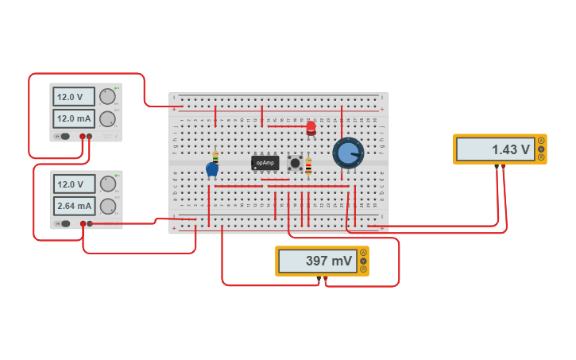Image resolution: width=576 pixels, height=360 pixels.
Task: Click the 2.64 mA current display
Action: tap(74, 207)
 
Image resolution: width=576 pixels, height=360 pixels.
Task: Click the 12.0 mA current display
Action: tap(74, 118)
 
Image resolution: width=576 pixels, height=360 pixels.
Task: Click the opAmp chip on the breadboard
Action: tap(265, 162)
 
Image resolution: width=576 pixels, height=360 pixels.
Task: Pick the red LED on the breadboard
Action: tap(311, 127)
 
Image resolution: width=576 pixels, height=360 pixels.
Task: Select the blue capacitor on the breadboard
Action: tap(212, 168)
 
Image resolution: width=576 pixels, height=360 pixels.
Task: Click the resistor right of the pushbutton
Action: tap(308, 166)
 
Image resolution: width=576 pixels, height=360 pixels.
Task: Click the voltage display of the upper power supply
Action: tap(74, 97)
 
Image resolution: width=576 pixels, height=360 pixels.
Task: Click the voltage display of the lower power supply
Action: tap(74, 184)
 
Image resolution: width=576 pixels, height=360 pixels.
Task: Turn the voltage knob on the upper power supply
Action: tap(107, 97)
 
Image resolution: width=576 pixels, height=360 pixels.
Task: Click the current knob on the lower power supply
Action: tap(107, 207)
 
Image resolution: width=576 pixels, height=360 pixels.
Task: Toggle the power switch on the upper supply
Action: tap(64, 136)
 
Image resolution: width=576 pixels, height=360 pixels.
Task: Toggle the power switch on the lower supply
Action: tap(64, 223)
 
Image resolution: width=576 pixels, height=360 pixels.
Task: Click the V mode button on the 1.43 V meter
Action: tap(541, 149)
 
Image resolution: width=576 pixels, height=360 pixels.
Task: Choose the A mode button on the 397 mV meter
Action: tap(363, 253)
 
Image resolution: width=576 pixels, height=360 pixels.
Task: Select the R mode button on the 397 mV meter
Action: tap(363, 269)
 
